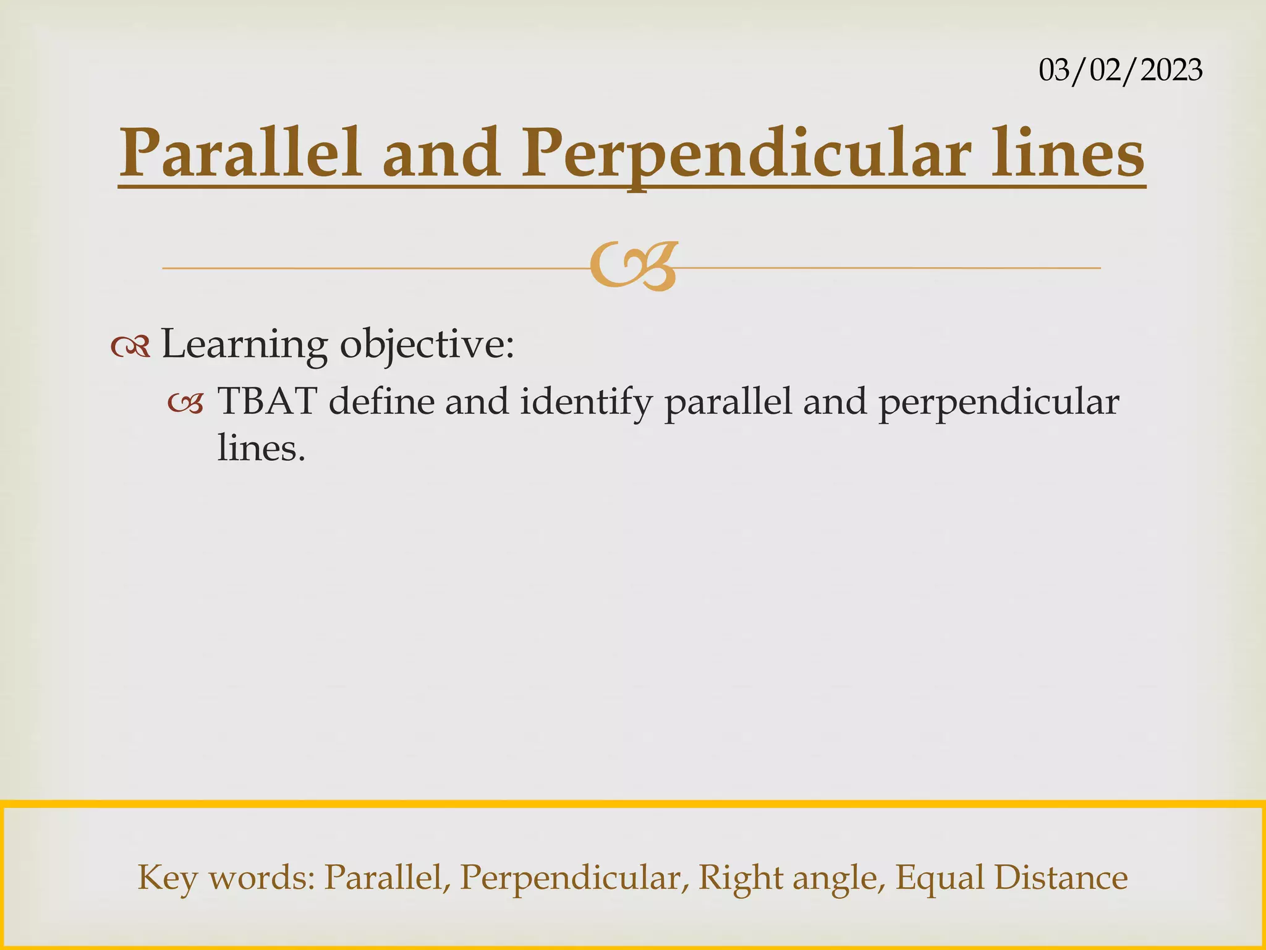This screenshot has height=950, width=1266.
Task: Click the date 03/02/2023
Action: point(1120,70)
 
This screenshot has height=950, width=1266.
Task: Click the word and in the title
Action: point(440,153)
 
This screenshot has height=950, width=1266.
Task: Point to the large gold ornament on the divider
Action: point(634,267)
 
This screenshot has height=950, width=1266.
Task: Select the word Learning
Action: point(244,344)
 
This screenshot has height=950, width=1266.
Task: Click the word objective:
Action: point(427,344)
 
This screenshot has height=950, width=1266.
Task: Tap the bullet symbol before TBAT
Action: point(185,404)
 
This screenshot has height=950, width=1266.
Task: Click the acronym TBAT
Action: point(267,402)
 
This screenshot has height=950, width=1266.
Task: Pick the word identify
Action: point(586,402)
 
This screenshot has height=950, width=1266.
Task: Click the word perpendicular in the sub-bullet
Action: point(998,402)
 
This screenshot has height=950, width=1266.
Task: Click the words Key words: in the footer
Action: point(226,877)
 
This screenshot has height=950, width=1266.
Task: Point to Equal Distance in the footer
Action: point(1011,877)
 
